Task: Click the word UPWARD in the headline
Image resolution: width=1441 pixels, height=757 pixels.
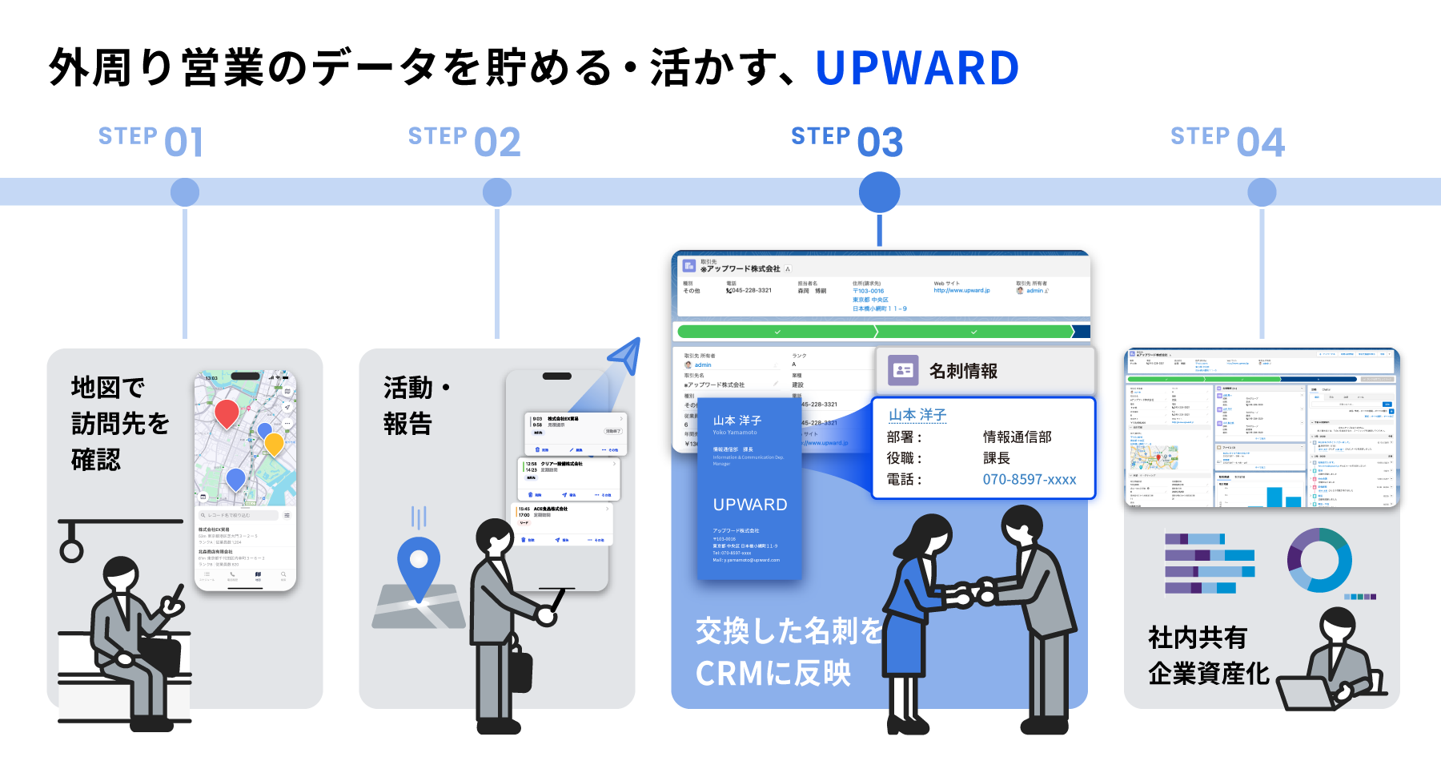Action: click(917, 68)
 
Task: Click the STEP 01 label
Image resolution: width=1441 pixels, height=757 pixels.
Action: click(151, 141)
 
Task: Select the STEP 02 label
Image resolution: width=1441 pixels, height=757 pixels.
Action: click(464, 141)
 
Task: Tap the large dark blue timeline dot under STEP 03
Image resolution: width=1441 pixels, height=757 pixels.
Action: click(879, 193)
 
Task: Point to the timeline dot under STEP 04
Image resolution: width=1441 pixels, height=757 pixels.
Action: click(1262, 192)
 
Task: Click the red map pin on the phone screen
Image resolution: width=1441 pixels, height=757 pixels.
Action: click(227, 413)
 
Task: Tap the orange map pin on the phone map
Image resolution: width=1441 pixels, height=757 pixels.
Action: click(274, 443)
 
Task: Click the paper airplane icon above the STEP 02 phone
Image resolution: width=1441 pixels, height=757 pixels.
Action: click(625, 355)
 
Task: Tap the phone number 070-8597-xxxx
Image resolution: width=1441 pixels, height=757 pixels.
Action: click(1029, 480)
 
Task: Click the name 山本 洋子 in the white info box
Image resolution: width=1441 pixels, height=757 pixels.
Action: click(917, 415)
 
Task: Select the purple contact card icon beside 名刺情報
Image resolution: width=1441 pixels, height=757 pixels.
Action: click(903, 370)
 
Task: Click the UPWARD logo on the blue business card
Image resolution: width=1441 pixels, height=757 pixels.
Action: click(750, 505)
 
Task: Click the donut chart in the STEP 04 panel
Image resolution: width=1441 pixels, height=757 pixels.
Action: click(1319, 560)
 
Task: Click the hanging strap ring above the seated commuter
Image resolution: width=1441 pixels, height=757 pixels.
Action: click(71, 549)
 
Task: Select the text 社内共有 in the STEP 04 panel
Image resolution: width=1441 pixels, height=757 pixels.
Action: click(1198, 638)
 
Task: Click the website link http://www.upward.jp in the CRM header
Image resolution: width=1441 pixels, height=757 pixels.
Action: click(961, 291)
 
